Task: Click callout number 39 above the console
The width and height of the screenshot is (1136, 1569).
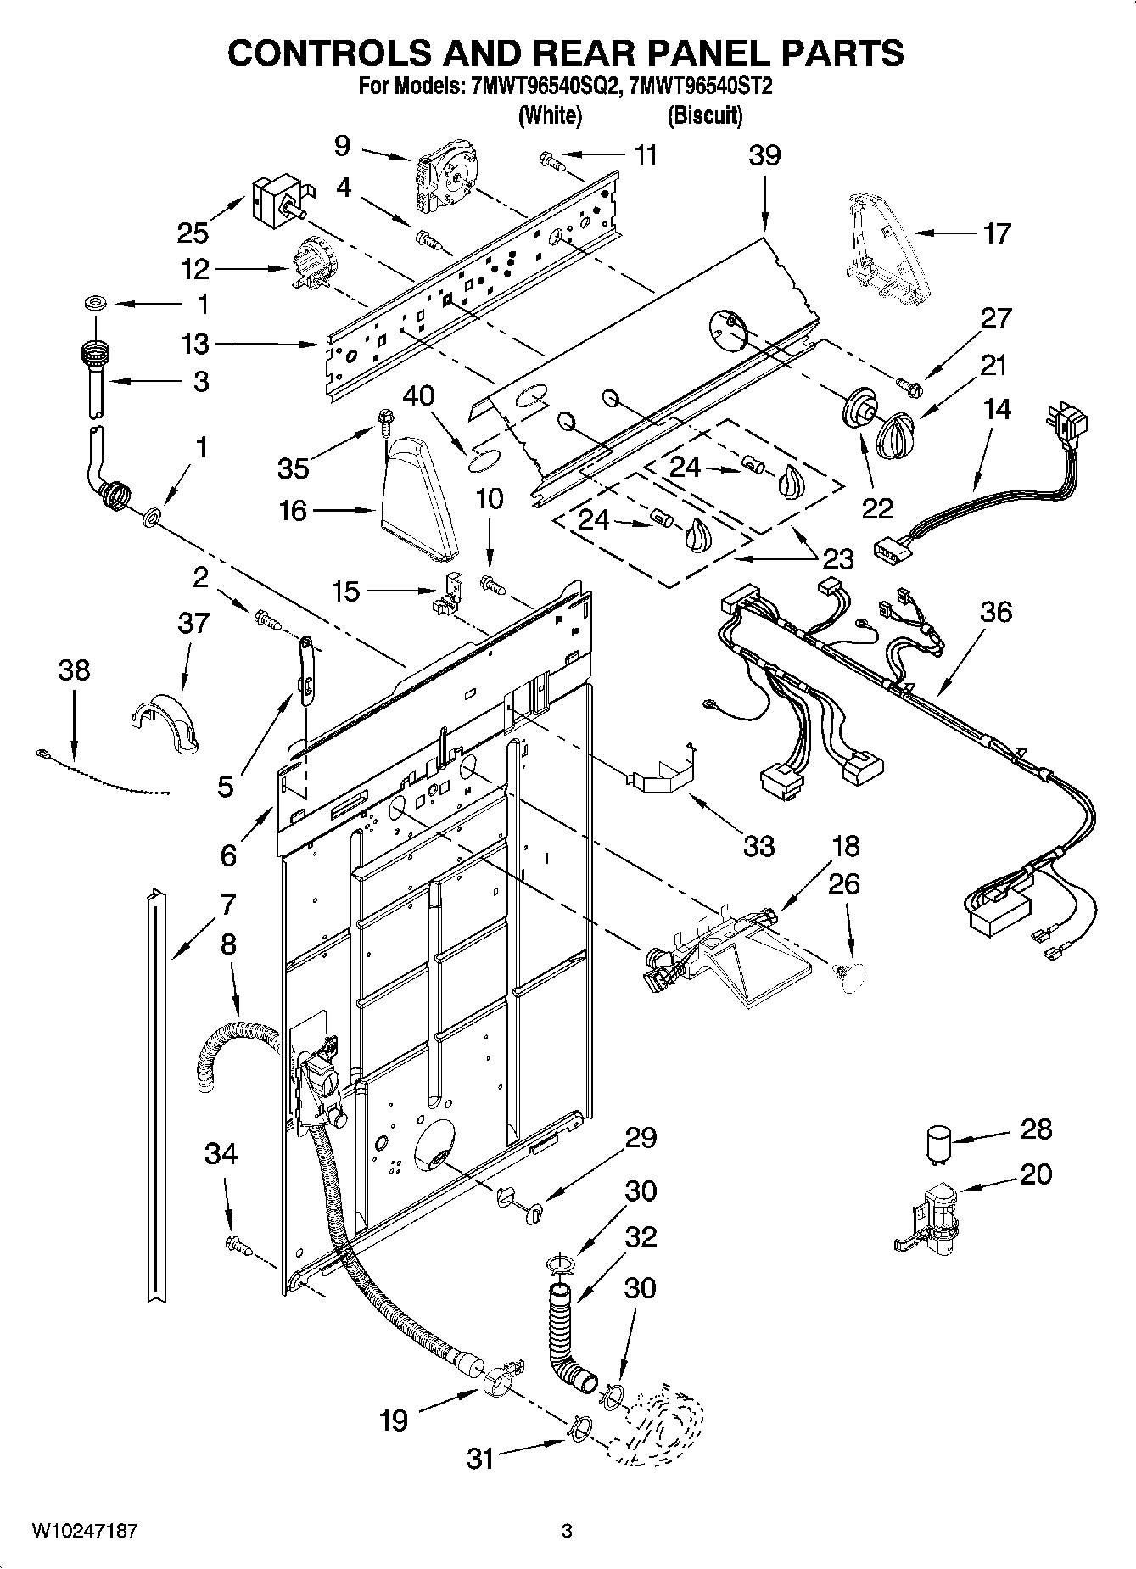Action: pos(764,156)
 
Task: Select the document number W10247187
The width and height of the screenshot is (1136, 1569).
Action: pos(84,1531)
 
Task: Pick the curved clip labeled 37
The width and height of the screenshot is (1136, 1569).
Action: pos(166,723)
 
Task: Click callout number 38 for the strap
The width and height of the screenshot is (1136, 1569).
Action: pos(74,670)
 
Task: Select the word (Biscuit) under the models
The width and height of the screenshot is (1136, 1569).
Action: pos(704,115)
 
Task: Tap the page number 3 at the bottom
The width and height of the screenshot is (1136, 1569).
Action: pos(567,1531)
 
